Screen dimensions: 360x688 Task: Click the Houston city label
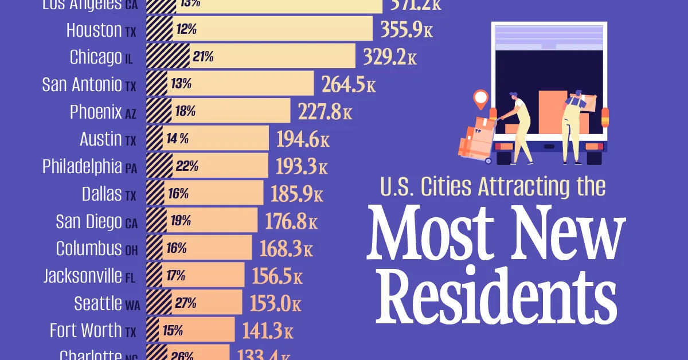94,30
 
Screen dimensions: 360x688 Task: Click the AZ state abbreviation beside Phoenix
131,114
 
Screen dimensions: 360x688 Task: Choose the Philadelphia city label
82,166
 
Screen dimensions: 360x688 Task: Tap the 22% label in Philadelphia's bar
187,167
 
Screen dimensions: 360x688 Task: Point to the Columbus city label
89,249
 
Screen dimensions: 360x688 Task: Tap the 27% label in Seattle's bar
186,303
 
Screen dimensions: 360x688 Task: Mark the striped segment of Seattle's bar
159,303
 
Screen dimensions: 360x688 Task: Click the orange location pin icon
480,99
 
